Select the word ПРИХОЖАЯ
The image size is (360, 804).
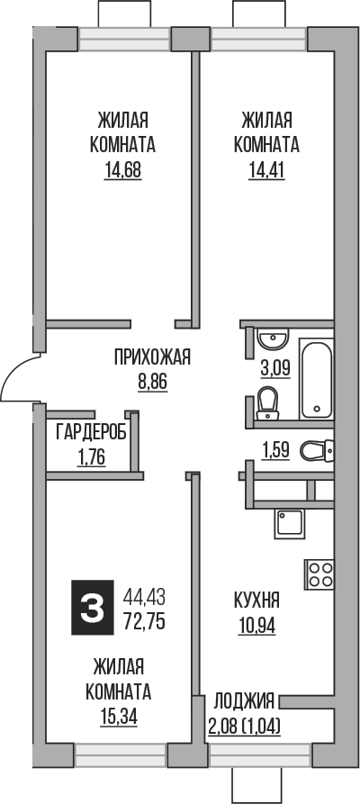click(153, 358)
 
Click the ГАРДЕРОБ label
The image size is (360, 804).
click(91, 432)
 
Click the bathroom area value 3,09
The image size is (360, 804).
click(274, 368)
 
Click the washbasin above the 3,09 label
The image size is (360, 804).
click(271, 339)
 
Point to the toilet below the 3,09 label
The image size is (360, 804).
click(266, 402)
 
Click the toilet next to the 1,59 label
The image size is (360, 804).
click(316, 448)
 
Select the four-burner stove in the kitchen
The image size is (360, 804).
click(319, 574)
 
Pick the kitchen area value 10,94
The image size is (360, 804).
click(256, 622)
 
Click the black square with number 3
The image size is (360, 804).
click(92, 609)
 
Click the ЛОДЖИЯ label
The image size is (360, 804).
click(244, 700)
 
